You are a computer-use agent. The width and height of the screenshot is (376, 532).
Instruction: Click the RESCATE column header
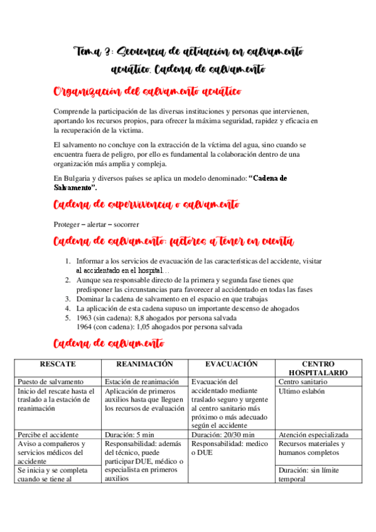tap(58, 364)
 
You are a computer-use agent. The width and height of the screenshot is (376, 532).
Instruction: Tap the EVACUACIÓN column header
tap(232, 364)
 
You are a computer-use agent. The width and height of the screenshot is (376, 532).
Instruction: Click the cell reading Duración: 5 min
tap(131, 434)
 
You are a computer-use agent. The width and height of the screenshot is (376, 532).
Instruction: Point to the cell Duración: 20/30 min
tap(223, 434)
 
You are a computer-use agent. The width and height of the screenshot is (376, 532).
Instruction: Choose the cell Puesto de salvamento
tap(51, 381)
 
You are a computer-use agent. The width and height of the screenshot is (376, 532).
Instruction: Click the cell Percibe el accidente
tap(48, 434)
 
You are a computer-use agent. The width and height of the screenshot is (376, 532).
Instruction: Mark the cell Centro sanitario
tap(304, 381)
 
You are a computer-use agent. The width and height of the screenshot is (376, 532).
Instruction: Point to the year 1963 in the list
tap(85, 317)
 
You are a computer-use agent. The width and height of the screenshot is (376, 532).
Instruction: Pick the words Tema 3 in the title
tap(92, 51)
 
